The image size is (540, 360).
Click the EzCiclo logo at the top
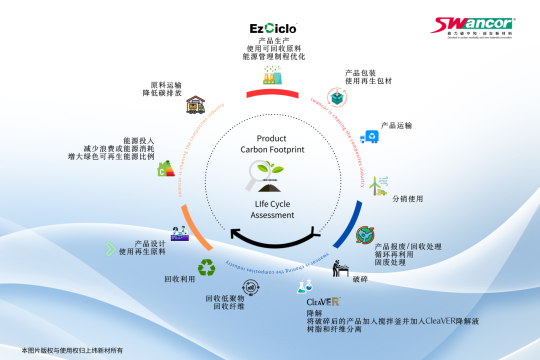click(273, 28)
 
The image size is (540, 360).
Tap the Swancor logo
click(472, 25)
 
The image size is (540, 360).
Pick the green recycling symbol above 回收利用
click(206, 267)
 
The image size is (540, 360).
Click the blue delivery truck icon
click(369, 136)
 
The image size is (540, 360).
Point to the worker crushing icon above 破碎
click(342, 268)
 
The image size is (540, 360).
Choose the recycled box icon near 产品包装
click(336, 97)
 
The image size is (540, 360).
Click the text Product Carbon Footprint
click(272, 144)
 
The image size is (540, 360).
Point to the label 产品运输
click(396, 125)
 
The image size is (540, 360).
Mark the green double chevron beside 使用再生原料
click(110, 248)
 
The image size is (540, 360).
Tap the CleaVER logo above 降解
click(323, 301)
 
